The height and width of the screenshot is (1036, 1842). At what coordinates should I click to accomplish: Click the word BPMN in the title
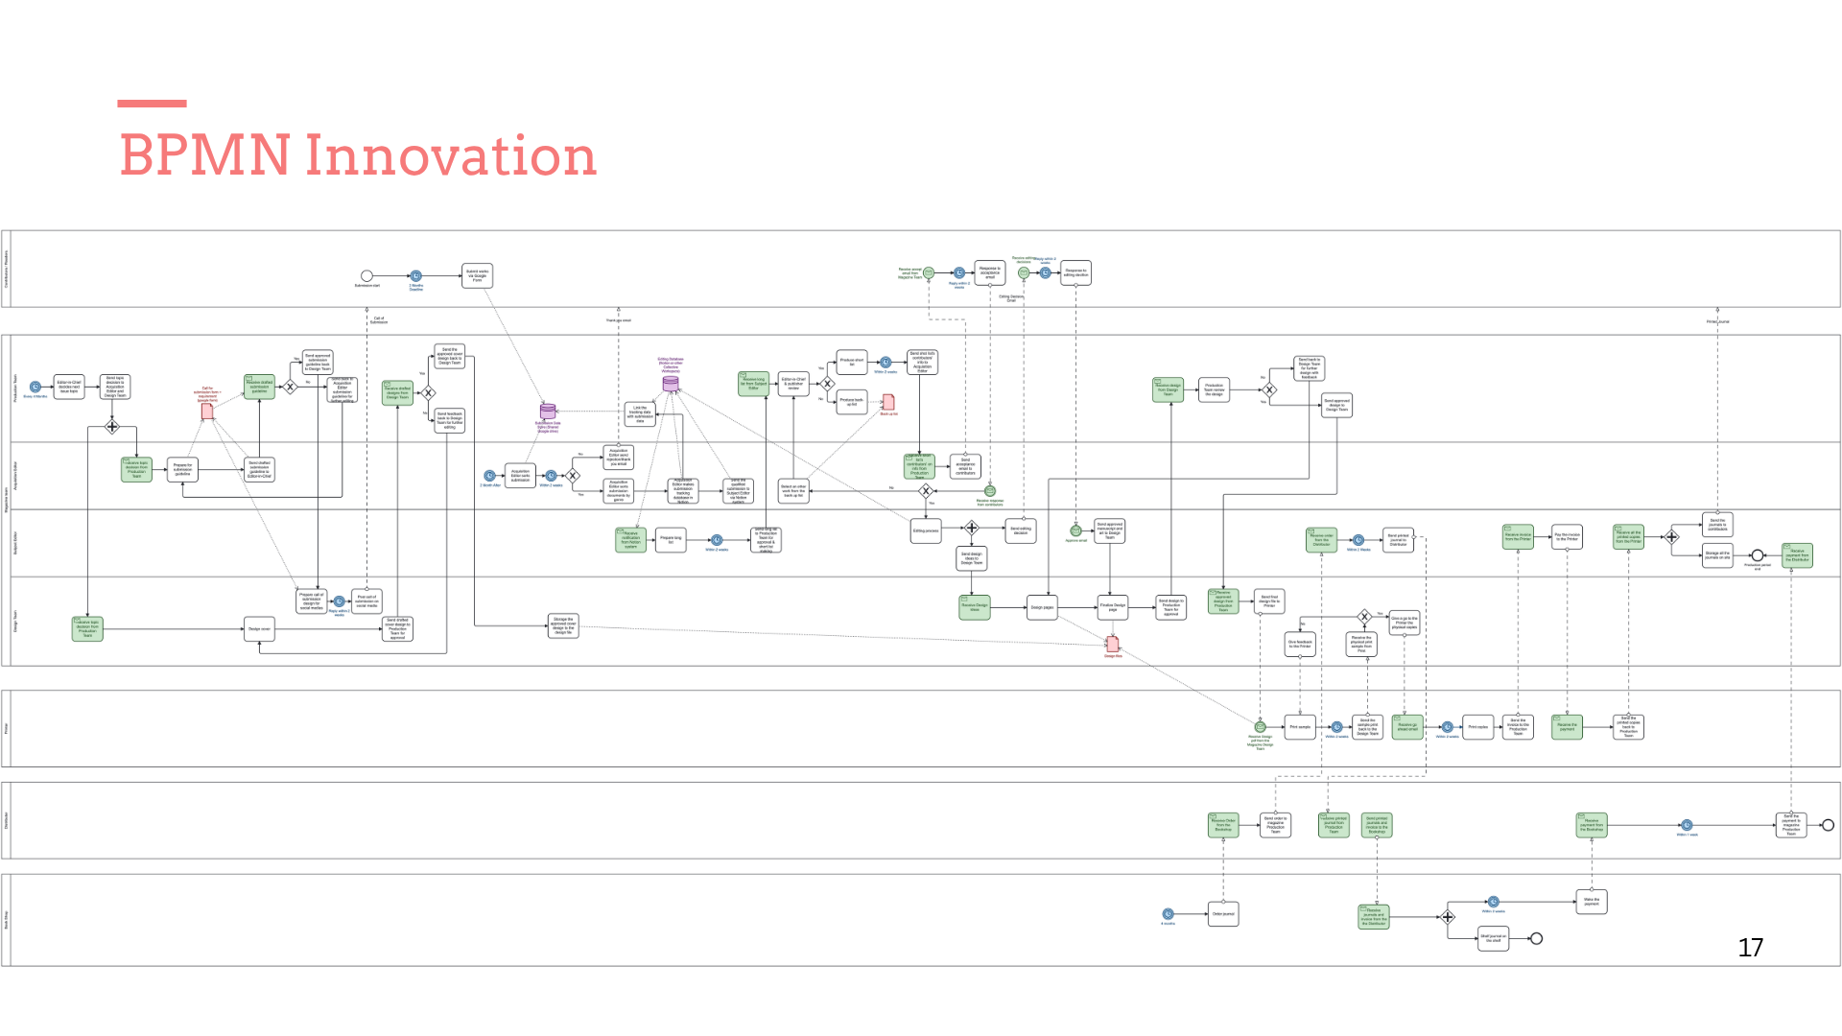click(204, 155)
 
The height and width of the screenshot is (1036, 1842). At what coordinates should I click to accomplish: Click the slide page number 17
click(1750, 948)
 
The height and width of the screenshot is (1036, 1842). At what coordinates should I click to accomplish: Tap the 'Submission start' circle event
click(366, 276)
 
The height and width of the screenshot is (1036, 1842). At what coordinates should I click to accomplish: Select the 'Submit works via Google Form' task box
click(477, 276)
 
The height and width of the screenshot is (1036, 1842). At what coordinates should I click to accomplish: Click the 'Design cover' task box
click(259, 629)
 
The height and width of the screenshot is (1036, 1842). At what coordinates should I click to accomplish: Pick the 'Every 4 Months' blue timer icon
click(35, 388)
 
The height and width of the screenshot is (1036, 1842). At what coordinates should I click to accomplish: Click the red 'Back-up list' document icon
click(888, 402)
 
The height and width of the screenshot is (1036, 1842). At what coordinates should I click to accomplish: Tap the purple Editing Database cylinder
click(671, 384)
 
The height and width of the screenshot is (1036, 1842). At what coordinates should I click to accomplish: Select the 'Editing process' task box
click(926, 530)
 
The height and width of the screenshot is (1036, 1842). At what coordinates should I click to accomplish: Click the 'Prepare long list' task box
click(671, 539)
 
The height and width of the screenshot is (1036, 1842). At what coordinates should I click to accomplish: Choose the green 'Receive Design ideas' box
click(975, 606)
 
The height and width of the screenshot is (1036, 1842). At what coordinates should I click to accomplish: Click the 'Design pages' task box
click(1042, 607)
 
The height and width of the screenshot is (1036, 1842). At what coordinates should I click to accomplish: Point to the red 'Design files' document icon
click(1113, 644)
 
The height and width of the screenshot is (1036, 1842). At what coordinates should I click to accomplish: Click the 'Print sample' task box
click(1300, 727)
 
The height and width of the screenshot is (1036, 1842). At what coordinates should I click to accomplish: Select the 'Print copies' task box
click(1478, 727)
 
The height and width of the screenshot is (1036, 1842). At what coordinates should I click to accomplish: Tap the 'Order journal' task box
click(1223, 914)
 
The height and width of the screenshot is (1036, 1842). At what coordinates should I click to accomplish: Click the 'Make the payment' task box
click(1592, 902)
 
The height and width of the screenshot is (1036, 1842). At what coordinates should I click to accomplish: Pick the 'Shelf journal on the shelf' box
click(1493, 938)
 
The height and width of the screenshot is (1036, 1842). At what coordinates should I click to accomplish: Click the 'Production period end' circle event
click(1758, 555)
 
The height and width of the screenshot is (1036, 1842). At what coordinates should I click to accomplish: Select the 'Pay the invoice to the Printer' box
click(1567, 537)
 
